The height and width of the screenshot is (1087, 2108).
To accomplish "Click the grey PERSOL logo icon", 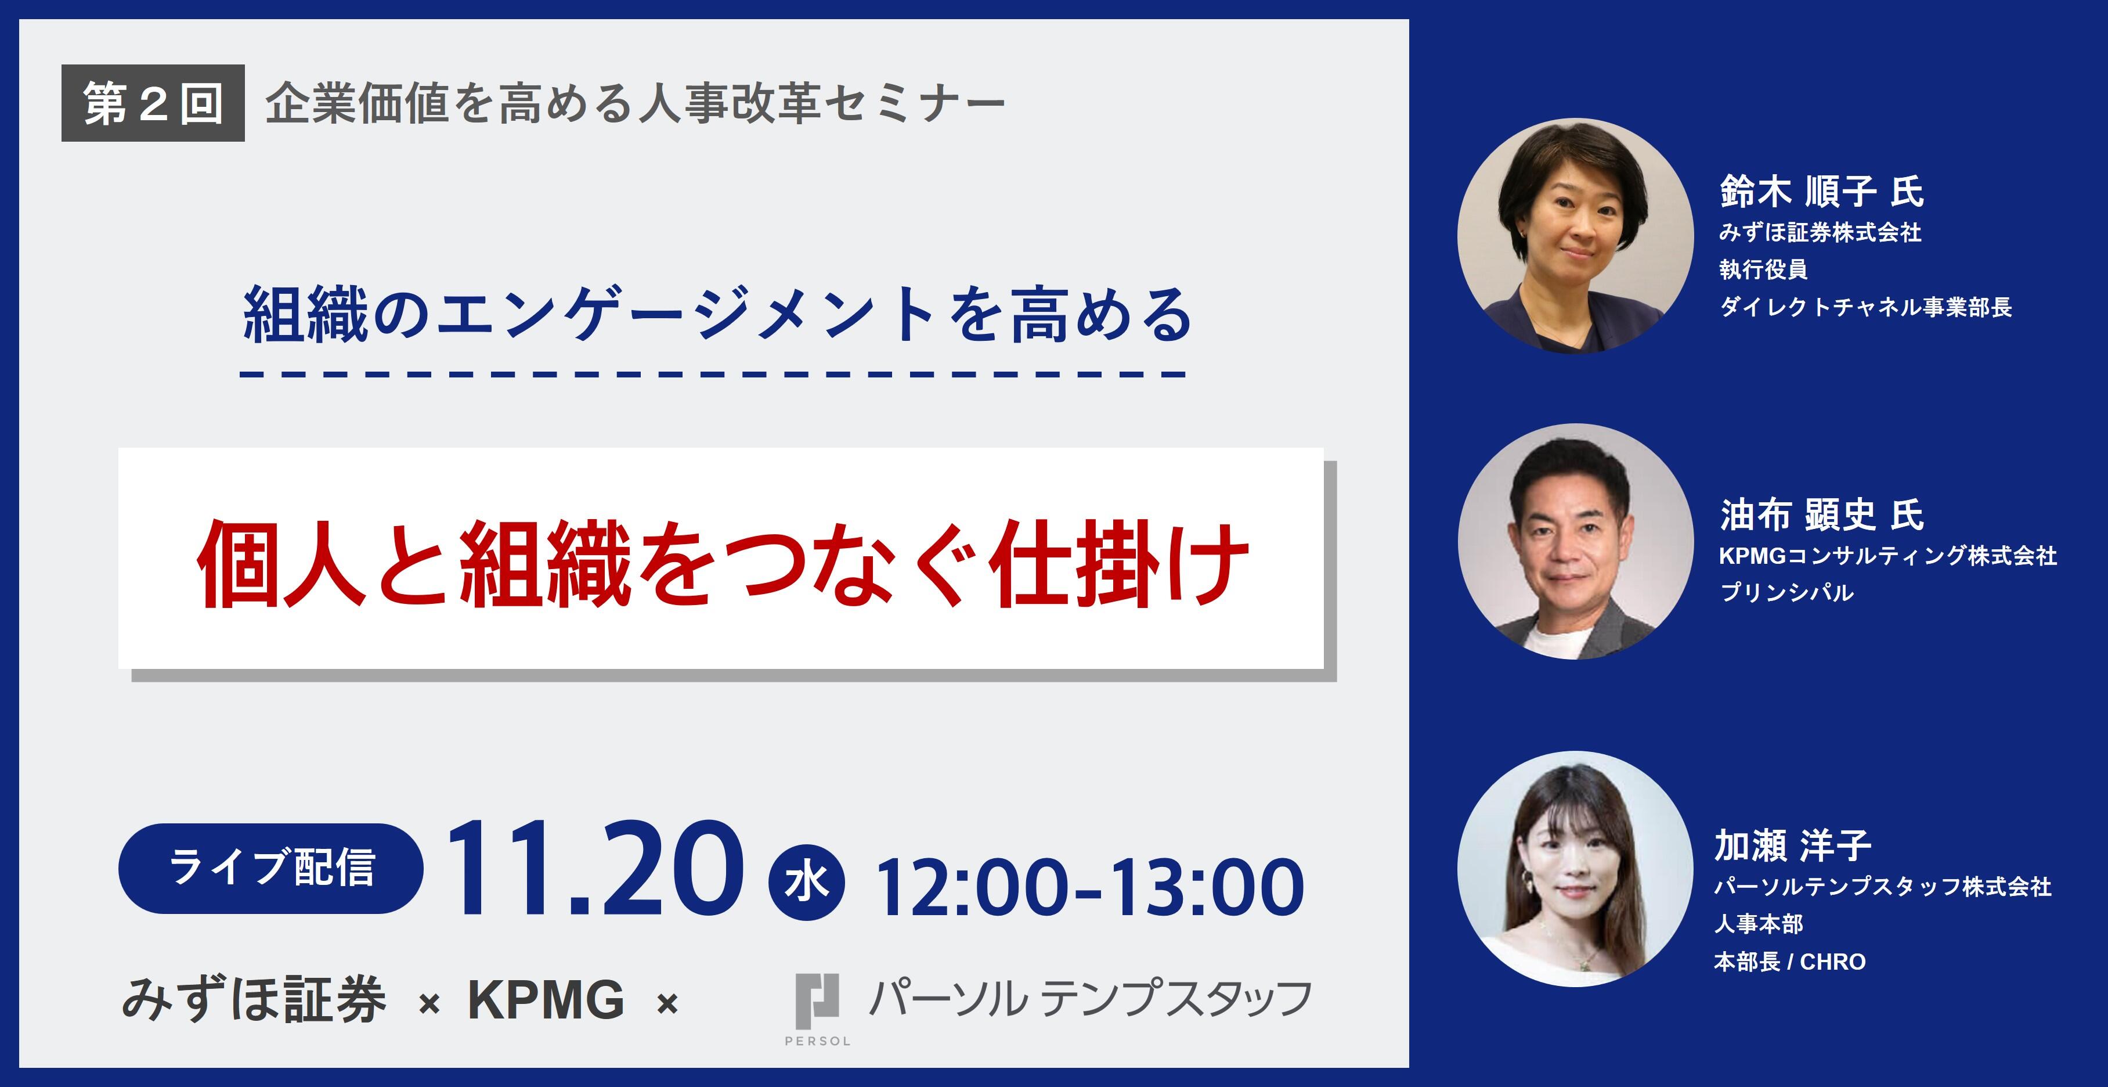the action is point(818,1001).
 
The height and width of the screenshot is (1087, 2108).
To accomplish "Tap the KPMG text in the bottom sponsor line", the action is point(546,1000).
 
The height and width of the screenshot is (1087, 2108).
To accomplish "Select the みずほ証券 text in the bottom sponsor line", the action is point(254,1000).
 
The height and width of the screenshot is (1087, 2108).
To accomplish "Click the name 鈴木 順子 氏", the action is point(1822,192).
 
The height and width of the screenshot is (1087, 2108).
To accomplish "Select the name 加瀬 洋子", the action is point(1792,845).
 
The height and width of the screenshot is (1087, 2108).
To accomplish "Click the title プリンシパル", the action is point(1786,592).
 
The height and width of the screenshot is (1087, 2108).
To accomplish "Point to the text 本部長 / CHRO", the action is point(1790,961).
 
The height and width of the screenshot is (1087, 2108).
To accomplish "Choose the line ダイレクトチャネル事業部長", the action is point(1865,307).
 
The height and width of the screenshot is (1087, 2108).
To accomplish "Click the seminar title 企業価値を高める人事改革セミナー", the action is point(635,104).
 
